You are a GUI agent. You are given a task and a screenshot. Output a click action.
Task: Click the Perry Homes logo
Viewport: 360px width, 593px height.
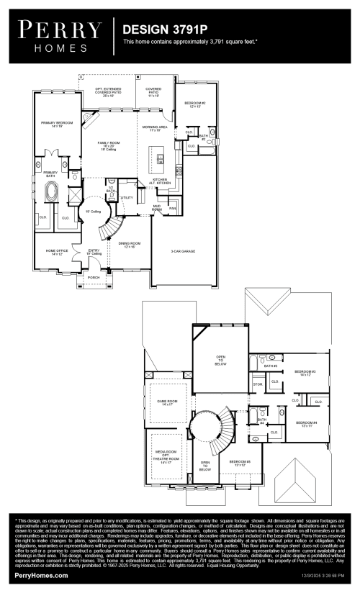click(x=60, y=34)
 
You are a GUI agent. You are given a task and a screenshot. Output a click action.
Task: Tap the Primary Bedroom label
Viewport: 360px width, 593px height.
click(x=57, y=125)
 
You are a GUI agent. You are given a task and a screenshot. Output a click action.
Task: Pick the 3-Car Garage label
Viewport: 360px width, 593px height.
click(x=194, y=251)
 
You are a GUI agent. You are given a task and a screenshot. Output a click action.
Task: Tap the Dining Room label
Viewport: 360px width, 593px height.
click(x=127, y=245)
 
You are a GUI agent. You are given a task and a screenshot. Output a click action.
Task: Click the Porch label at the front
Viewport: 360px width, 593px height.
click(x=93, y=276)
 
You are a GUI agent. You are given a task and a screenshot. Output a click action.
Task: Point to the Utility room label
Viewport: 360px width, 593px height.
click(x=127, y=197)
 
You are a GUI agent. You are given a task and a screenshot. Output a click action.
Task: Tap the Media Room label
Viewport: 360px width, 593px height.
click(x=169, y=456)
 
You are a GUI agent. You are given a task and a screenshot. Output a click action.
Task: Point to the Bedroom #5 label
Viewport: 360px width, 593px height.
click(x=240, y=463)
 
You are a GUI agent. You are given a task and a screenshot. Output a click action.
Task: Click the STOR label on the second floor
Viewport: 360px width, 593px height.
click(x=258, y=384)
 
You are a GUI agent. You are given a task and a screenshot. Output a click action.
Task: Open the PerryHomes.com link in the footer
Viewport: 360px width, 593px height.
click(x=42, y=576)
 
